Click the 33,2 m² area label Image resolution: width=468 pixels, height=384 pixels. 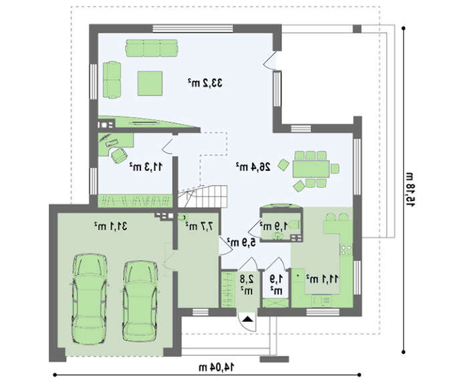[x=205, y=83]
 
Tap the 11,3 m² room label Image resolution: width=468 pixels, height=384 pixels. [x=146, y=167]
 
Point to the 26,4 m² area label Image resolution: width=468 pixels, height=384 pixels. [x=253, y=167]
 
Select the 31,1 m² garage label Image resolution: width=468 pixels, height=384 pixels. [x=110, y=226]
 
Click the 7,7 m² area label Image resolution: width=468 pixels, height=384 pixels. [x=199, y=226]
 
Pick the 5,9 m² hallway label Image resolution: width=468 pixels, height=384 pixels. [x=241, y=242]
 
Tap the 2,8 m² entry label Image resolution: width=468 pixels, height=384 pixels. [x=247, y=284]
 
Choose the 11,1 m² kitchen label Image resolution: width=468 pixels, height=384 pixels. [x=322, y=279]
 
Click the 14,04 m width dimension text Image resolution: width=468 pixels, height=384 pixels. [x=217, y=367]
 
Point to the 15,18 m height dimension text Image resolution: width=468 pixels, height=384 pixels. [x=409, y=190]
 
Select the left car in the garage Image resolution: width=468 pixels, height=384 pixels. [x=89, y=299]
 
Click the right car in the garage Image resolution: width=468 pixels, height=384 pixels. [x=140, y=301]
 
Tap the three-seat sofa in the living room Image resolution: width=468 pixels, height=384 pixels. [x=152, y=48]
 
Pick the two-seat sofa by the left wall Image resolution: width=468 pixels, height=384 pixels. [x=112, y=79]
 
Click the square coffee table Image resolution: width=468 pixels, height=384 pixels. [x=150, y=83]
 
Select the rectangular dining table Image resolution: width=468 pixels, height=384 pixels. [x=311, y=169]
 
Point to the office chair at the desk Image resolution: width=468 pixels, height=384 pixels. [x=119, y=156]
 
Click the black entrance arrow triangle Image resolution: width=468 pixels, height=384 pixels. [x=247, y=319]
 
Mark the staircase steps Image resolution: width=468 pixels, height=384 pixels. [x=203, y=195]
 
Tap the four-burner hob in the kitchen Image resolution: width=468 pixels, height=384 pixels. [x=347, y=250]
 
